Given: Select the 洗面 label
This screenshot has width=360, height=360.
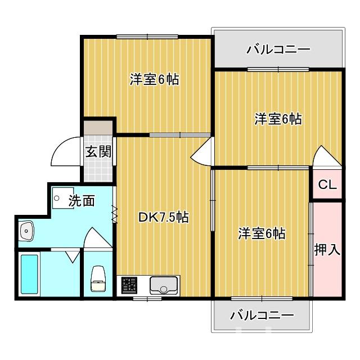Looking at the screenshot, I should pyautogui.click(x=82, y=201).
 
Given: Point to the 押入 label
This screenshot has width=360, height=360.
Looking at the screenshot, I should pyautogui.click(x=327, y=249).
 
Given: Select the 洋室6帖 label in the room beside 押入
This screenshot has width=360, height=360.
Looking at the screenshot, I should pyautogui.click(x=261, y=233).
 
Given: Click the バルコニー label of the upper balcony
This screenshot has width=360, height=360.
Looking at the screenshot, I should pyautogui.click(x=278, y=49).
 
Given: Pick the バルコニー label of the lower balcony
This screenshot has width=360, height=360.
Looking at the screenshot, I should pyautogui.click(x=262, y=315).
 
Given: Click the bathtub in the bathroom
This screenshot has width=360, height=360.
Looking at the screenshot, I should pyautogui.click(x=29, y=274).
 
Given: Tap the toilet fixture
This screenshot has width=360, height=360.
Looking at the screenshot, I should pyautogui.click(x=98, y=279).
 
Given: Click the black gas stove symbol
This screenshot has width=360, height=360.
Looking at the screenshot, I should pyautogui.click(x=129, y=285).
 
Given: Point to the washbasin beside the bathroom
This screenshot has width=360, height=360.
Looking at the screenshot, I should pyautogui.click(x=26, y=231).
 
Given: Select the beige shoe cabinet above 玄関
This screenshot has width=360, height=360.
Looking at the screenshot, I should pyautogui.click(x=98, y=127).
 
